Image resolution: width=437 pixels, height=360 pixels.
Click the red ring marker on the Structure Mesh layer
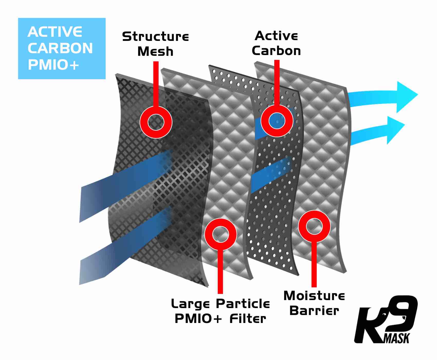click(x=156, y=122)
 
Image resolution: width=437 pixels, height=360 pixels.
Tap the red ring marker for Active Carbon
click(x=277, y=121)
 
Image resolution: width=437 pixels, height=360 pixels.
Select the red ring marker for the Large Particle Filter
click(x=221, y=234)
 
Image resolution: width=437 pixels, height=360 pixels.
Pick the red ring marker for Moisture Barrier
click(x=314, y=226)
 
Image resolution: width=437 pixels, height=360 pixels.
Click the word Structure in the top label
click(x=156, y=37)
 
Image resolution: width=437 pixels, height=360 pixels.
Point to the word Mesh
click(x=156, y=51)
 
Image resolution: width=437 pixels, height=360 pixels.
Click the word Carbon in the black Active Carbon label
click(x=276, y=51)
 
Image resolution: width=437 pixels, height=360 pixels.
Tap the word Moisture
click(x=314, y=296)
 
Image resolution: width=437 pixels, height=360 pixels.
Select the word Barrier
click(x=314, y=311)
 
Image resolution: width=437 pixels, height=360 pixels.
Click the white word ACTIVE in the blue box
click(x=55, y=32)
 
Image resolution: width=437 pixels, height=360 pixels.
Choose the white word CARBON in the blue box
click(x=60, y=48)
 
